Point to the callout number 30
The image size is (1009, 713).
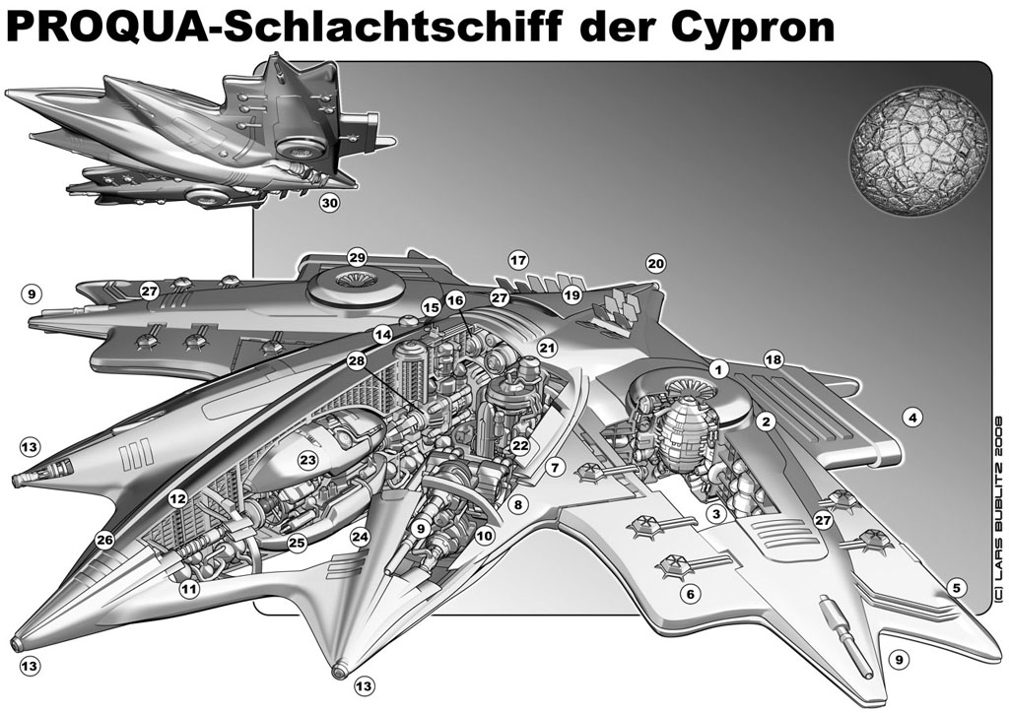tap(329, 203)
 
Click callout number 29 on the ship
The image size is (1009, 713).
tap(357, 258)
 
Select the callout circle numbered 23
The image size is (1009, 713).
tap(308, 459)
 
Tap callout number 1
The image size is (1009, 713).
tap(718, 369)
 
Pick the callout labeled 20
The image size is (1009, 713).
tap(655, 264)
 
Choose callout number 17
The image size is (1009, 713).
tap(518, 260)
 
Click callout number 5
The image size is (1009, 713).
tap(956, 588)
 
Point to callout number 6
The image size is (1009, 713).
tap(691, 594)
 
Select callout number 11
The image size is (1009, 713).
tap(189, 588)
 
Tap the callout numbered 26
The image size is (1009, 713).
tap(104, 540)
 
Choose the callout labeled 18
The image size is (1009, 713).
tap(774, 359)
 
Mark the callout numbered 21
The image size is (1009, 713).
tap(547, 349)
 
